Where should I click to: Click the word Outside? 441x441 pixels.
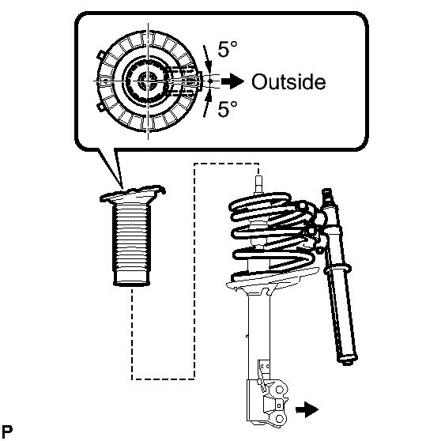288,82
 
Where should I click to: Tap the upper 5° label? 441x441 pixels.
228,49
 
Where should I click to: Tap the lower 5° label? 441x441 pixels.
228,108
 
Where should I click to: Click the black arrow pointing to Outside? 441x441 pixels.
232,81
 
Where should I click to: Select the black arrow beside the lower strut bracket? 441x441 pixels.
307,409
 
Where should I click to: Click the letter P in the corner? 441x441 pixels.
7,432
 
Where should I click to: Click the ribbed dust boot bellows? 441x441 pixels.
131,239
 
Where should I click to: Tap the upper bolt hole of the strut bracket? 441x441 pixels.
279,390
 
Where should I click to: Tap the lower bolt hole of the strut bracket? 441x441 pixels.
279,419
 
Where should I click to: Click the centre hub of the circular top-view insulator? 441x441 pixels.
148,81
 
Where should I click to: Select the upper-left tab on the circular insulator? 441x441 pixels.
101,55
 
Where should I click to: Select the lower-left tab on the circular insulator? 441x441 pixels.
101,107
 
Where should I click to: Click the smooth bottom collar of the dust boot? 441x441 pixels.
131,279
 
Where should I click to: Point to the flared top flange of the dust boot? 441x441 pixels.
132,194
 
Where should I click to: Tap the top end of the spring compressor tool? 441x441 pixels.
326,192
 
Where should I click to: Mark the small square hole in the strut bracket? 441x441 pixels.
279,405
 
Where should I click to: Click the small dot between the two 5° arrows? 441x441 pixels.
210,81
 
